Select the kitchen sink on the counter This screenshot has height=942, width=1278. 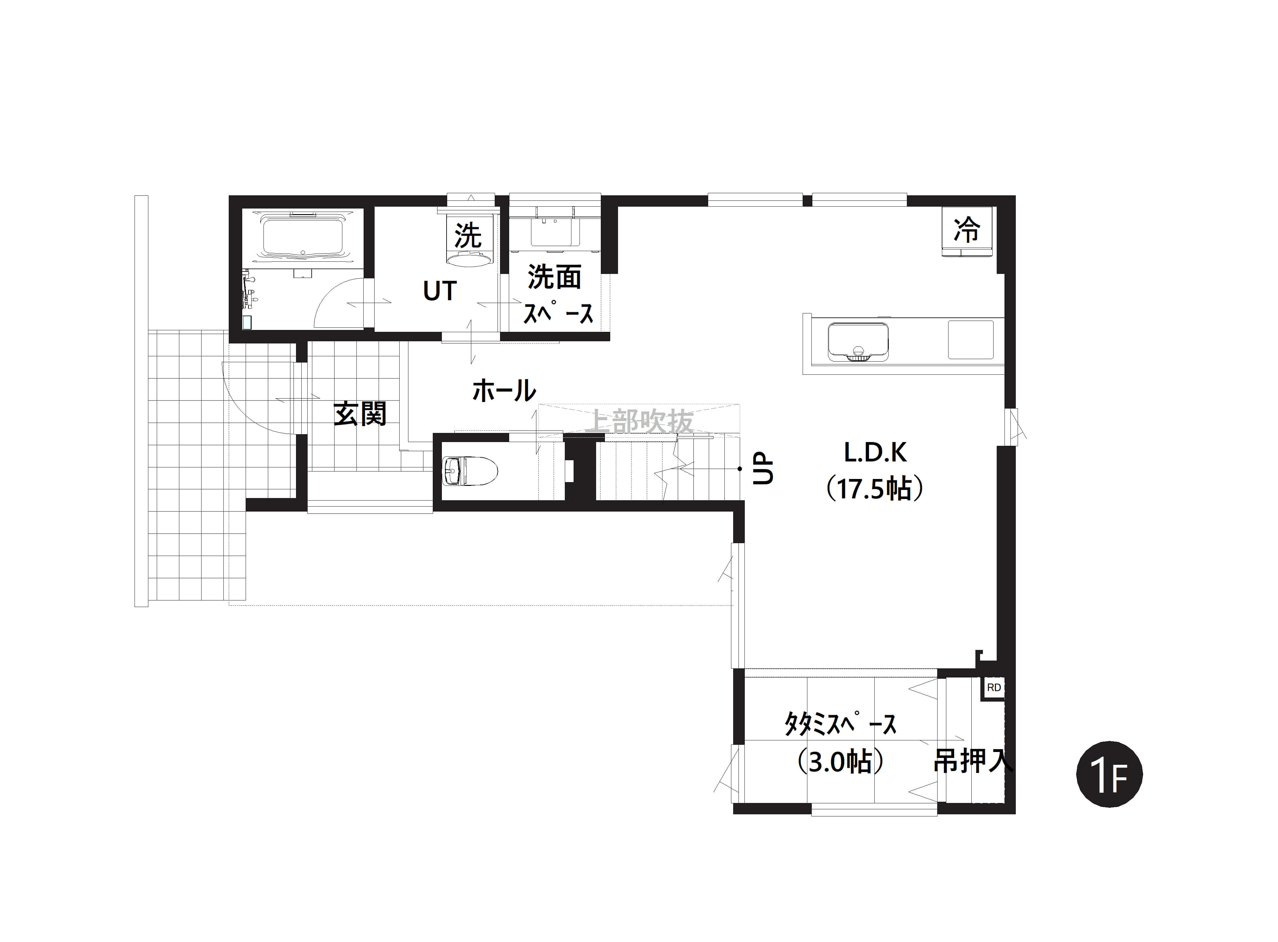pos(858,342)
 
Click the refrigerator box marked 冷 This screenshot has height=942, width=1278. pos(966,230)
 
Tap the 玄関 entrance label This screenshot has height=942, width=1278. pos(360,414)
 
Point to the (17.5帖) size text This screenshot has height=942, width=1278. pos(875,489)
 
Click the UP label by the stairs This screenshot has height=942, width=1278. pos(763,469)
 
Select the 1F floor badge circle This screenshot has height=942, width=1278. pos(1109,775)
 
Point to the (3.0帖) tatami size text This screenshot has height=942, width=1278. pos(841,761)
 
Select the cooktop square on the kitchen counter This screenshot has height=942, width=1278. pos(971,340)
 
